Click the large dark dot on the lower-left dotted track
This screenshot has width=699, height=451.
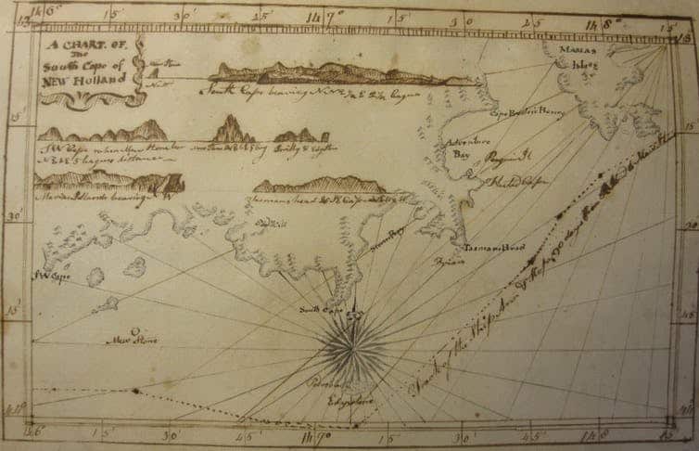coord(135,390)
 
